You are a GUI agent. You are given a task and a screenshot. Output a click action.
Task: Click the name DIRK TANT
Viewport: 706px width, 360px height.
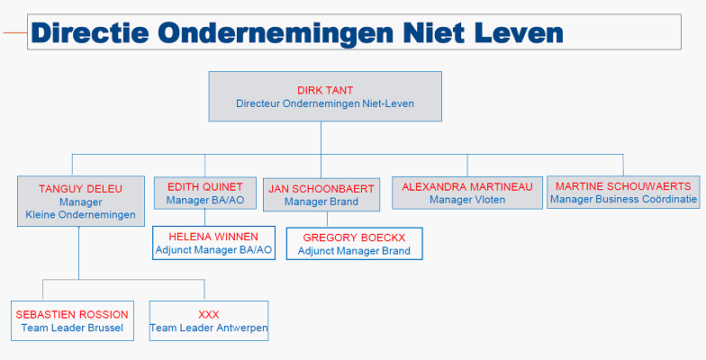tap(325, 90)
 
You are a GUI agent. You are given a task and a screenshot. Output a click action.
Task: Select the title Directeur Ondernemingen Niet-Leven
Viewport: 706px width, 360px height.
tap(325, 103)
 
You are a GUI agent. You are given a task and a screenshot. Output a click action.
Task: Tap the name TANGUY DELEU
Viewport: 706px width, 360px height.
tap(81, 189)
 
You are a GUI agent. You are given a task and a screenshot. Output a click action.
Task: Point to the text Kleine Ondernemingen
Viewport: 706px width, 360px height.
tap(81, 214)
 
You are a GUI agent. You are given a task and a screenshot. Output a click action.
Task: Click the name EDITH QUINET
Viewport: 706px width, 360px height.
tap(205, 187)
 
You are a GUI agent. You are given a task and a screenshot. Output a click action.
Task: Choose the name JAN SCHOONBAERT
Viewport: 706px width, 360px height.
tap(321, 189)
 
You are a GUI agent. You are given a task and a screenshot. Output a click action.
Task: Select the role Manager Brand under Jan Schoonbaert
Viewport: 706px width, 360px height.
tap(321, 202)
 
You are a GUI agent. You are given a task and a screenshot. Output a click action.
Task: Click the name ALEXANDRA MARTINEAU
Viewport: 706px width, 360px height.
tap(467, 187)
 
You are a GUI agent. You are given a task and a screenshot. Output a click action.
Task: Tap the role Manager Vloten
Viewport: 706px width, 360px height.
tap(467, 200)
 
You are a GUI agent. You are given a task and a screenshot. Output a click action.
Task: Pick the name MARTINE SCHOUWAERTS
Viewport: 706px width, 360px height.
tap(623, 186)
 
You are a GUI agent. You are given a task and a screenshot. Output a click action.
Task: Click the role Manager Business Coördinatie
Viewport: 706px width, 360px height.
tap(623, 199)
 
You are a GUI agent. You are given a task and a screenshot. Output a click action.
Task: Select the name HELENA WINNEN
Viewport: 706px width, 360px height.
tap(213, 237)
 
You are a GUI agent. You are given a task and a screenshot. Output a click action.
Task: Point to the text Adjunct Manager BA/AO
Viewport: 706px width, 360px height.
tap(213, 250)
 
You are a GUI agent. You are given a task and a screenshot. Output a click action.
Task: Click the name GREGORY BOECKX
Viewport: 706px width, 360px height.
tap(354, 238)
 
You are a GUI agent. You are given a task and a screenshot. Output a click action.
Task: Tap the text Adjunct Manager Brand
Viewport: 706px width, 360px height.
tap(354, 250)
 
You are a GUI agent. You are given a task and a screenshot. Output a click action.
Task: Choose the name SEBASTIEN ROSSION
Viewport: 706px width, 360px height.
tap(72, 315)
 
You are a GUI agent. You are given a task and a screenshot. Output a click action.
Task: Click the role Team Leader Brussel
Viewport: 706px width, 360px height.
tap(72, 328)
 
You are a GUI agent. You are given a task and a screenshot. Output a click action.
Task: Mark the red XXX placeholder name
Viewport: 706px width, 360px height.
tap(209, 315)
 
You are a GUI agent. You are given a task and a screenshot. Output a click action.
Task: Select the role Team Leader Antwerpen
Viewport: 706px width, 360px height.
tap(209, 328)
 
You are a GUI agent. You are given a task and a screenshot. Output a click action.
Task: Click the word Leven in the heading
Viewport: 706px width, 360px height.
tap(519, 32)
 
